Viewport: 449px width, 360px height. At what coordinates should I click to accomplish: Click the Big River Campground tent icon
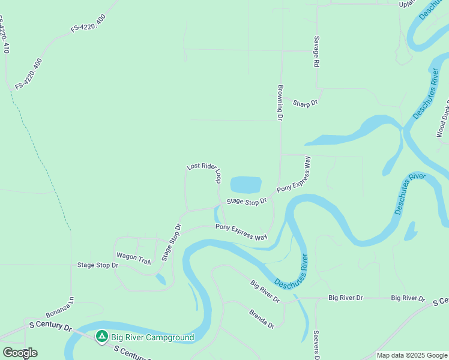click(102, 337)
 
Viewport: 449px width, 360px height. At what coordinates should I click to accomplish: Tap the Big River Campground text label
click(152, 337)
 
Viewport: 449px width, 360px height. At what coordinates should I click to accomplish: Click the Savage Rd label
click(316, 51)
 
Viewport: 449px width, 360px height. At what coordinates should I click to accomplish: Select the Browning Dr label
click(280, 102)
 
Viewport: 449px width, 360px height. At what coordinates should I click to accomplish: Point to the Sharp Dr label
click(305, 104)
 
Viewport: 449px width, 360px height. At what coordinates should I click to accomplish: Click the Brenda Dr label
click(262, 319)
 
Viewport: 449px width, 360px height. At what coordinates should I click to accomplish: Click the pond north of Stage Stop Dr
click(246, 184)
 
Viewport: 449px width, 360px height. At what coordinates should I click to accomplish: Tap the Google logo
click(20, 353)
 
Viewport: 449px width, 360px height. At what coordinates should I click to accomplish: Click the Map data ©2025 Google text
click(412, 355)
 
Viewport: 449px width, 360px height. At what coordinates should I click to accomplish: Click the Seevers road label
click(316, 346)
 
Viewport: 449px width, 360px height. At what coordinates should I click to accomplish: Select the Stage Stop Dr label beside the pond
click(246, 202)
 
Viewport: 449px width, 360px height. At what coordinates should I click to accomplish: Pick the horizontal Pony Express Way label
click(241, 231)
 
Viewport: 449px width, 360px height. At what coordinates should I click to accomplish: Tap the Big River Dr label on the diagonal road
click(264, 291)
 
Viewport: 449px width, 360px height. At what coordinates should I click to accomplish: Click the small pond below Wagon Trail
click(160, 279)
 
